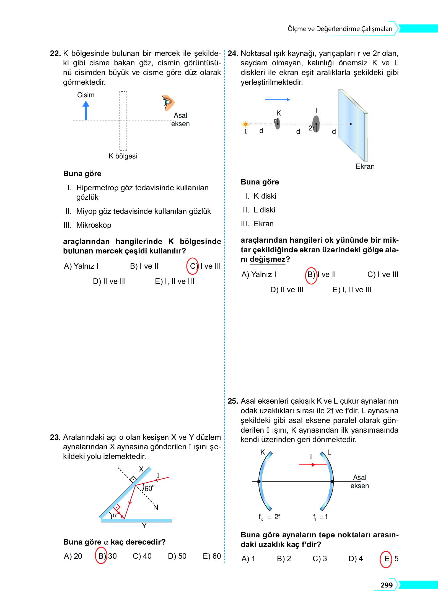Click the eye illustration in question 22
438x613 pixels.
pyautogui.click(x=168, y=103)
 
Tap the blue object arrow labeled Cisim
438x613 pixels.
pyautogui.click(x=86, y=110)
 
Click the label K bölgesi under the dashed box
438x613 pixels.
pyautogui.click(x=123, y=156)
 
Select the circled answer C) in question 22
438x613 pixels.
pyautogui.click(x=193, y=266)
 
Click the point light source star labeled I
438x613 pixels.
pyautogui.click(x=245, y=124)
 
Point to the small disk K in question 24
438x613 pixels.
pyautogui.click(x=278, y=124)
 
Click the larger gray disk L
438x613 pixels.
pyautogui.click(x=316, y=124)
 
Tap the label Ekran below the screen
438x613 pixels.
pyautogui.click(x=365, y=166)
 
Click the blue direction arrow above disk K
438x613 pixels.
pyautogui.click(x=277, y=99)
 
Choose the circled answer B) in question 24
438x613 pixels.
pyautogui.click(x=311, y=275)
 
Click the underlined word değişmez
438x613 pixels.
pyautogui.click(x=267, y=260)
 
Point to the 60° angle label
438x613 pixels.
pyautogui.click(x=149, y=488)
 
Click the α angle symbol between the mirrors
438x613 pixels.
pyautogui.click(x=115, y=515)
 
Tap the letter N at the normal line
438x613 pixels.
pyautogui.click(x=156, y=507)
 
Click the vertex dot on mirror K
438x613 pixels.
pyautogui.click(x=259, y=482)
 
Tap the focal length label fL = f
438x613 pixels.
pyautogui.click(x=320, y=517)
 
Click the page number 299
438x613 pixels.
pyautogui.click(x=387, y=585)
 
